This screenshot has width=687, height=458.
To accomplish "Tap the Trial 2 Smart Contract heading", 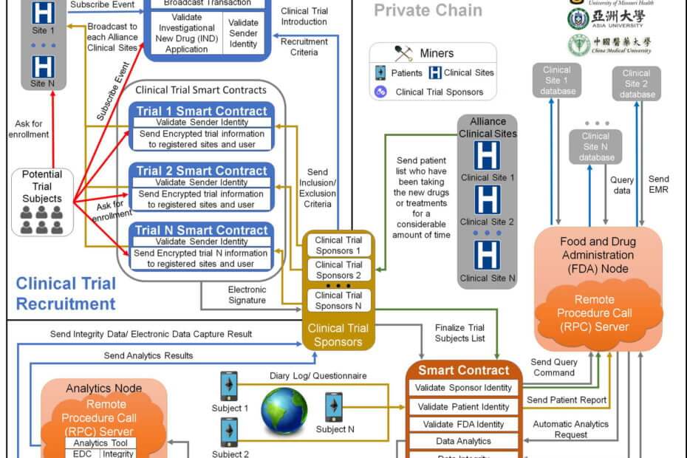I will coord(202,171).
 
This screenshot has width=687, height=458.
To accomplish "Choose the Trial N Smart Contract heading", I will coord(202,230).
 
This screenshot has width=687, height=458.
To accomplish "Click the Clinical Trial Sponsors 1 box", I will coord(338,245).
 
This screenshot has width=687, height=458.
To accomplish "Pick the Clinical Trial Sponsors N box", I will coord(338,300).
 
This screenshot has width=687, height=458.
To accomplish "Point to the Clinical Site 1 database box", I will coord(556,81).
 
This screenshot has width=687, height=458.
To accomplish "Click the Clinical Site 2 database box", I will coord(636,83).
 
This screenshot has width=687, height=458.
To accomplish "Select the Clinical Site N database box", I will coord(595,146).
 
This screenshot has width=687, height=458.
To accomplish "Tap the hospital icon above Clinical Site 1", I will coord(486,157).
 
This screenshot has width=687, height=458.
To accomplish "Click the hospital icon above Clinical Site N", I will coord(486,255).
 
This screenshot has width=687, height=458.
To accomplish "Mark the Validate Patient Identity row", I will coord(463,406).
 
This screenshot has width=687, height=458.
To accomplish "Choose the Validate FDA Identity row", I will coord(463,424).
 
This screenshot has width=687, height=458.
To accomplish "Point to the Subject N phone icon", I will coord(334,407).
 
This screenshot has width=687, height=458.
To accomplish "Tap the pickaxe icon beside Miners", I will coord(403,53).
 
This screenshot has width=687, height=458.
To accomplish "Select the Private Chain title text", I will coord(428,10).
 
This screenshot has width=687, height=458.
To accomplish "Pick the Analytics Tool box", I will coord(100,442).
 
